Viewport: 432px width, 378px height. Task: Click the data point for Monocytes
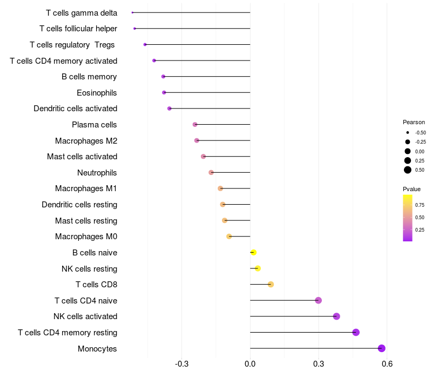(382, 348)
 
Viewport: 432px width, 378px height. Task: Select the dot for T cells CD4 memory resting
(356, 332)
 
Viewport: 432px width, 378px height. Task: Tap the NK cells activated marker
(336, 316)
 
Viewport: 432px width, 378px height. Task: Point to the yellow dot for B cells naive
(253, 252)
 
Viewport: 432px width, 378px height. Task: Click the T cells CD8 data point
(271, 285)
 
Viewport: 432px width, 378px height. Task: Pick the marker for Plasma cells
(195, 125)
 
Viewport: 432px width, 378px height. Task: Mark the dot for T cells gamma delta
(132, 12)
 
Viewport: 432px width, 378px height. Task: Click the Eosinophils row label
(97, 93)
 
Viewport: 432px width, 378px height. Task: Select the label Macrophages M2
(86, 141)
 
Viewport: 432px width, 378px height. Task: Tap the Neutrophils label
(97, 173)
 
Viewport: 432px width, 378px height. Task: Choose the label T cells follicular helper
(78, 29)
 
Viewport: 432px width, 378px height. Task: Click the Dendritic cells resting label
(79, 205)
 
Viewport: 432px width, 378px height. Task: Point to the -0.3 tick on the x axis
(181, 364)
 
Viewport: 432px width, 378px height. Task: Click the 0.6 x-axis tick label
(387, 364)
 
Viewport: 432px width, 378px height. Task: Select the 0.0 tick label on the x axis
(250, 364)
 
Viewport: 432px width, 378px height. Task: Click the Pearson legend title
(414, 122)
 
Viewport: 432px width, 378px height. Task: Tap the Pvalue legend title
(411, 189)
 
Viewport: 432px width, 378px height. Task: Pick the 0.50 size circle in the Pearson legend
(408, 170)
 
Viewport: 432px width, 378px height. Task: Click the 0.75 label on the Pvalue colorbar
(420, 205)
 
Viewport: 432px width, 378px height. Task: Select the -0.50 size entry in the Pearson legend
(408, 132)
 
